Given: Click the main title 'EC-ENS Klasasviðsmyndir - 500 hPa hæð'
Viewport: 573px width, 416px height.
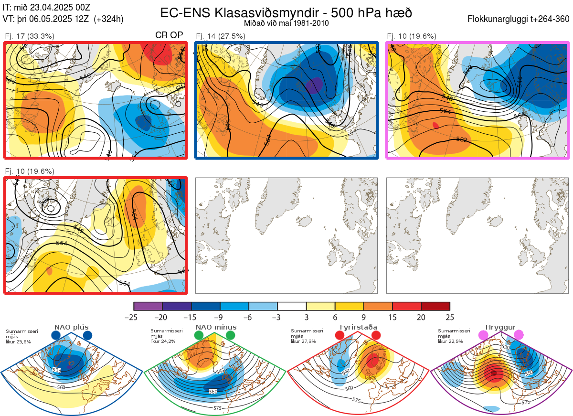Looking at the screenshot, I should coord(286,12).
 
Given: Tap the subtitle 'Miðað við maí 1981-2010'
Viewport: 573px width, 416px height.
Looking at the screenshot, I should coord(286,23).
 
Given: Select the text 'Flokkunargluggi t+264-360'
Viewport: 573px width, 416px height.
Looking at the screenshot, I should coord(520,19).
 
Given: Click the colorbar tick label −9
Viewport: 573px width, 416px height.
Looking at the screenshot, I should coord(220,317).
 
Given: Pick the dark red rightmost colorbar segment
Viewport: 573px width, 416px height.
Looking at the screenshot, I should coord(435,306).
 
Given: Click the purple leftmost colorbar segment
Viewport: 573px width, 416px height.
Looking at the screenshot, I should coord(148,306).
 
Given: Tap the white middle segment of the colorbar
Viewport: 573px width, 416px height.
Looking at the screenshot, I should coord(292,306).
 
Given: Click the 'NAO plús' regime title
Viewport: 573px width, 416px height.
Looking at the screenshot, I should coord(72,327).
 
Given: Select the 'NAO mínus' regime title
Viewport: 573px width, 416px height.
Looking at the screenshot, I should coord(216,327).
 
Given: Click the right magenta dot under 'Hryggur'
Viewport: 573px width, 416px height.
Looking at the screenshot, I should coord(518,335).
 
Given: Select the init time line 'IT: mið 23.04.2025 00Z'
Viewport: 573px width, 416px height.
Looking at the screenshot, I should coord(46,7).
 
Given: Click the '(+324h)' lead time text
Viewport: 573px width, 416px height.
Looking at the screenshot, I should coord(109,19).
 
